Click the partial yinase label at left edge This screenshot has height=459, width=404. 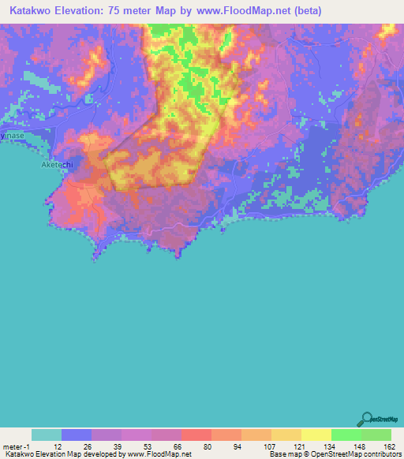point(13,136)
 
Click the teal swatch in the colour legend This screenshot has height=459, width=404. point(47,435)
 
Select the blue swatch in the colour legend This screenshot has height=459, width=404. point(77,435)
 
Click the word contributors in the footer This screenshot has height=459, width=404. point(381,453)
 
